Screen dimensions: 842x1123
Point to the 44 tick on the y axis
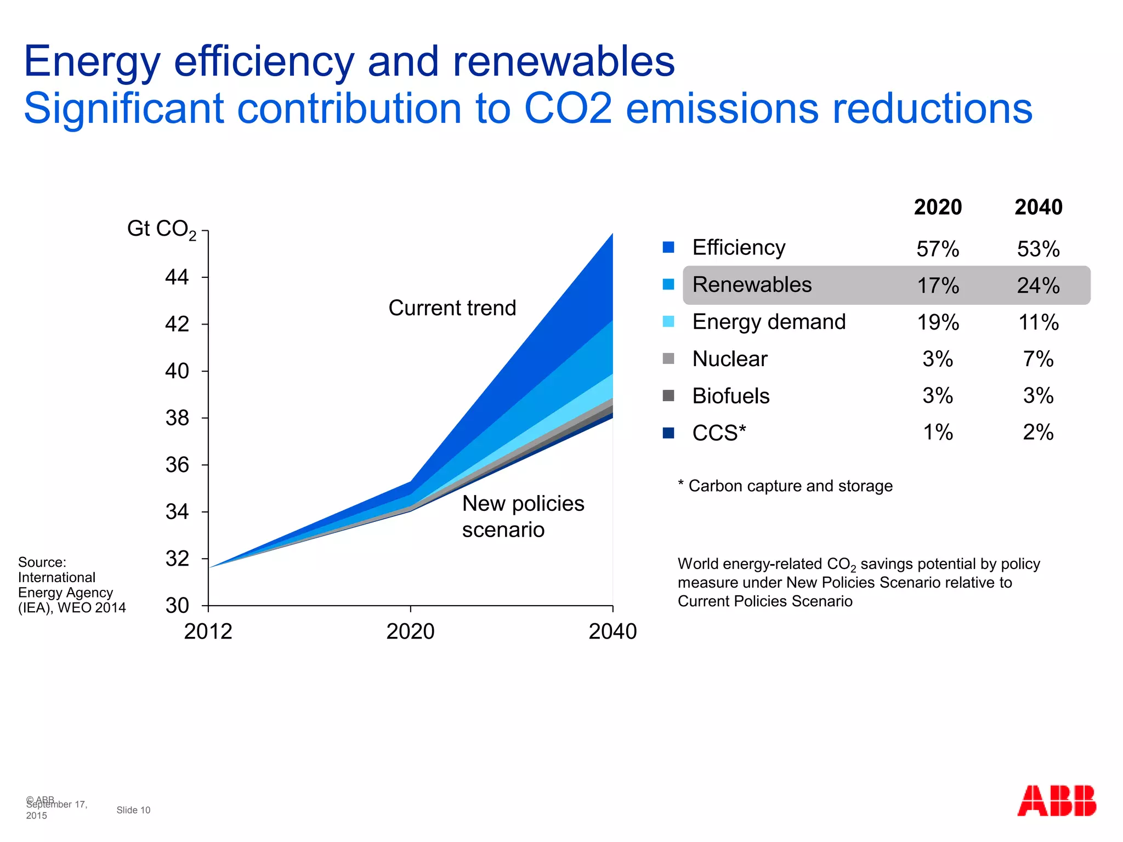pyautogui.click(x=177, y=277)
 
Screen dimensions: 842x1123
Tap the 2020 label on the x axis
pyautogui.click(x=410, y=631)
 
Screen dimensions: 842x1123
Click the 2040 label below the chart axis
pyautogui.click(x=612, y=631)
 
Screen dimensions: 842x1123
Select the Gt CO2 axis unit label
pyautogui.click(x=161, y=229)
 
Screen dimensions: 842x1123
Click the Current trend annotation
pyautogui.click(x=452, y=308)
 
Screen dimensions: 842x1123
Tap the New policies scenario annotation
pyautogui.click(x=523, y=516)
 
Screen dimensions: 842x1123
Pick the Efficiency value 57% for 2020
pyautogui.click(x=938, y=249)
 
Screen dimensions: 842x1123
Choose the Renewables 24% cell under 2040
pyautogui.click(x=1038, y=286)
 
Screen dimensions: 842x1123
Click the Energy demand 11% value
pyautogui.click(x=1038, y=322)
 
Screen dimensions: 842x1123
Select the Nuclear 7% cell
pyautogui.click(x=1038, y=359)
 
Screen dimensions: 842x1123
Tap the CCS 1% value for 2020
pyautogui.click(x=938, y=433)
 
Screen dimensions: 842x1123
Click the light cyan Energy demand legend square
pyautogui.click(x=668, y=322)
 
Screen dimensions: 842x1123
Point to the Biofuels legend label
pyautogui.click(x=730, y=396)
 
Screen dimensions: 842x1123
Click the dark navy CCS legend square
pyautogui.click(x=668, y=433)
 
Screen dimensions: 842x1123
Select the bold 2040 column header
pyautogui.click(x=1038, y=207)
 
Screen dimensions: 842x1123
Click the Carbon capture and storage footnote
pyautogui.click(x=785, y=486)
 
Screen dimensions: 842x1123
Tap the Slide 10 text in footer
pyautogui.click(x=133, y=810)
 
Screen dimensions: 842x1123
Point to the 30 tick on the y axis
pyautogui.click(x=177, y=605)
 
